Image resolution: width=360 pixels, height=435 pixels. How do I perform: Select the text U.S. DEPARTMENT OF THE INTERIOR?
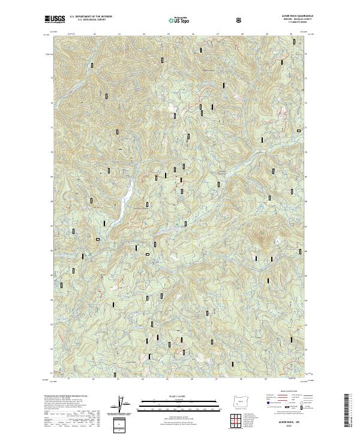click(x=91, y=17)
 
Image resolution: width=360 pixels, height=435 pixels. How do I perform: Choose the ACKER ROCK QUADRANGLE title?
click(x=292, y=17)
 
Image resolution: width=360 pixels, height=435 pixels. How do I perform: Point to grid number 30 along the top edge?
click(x=291, y=35)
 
